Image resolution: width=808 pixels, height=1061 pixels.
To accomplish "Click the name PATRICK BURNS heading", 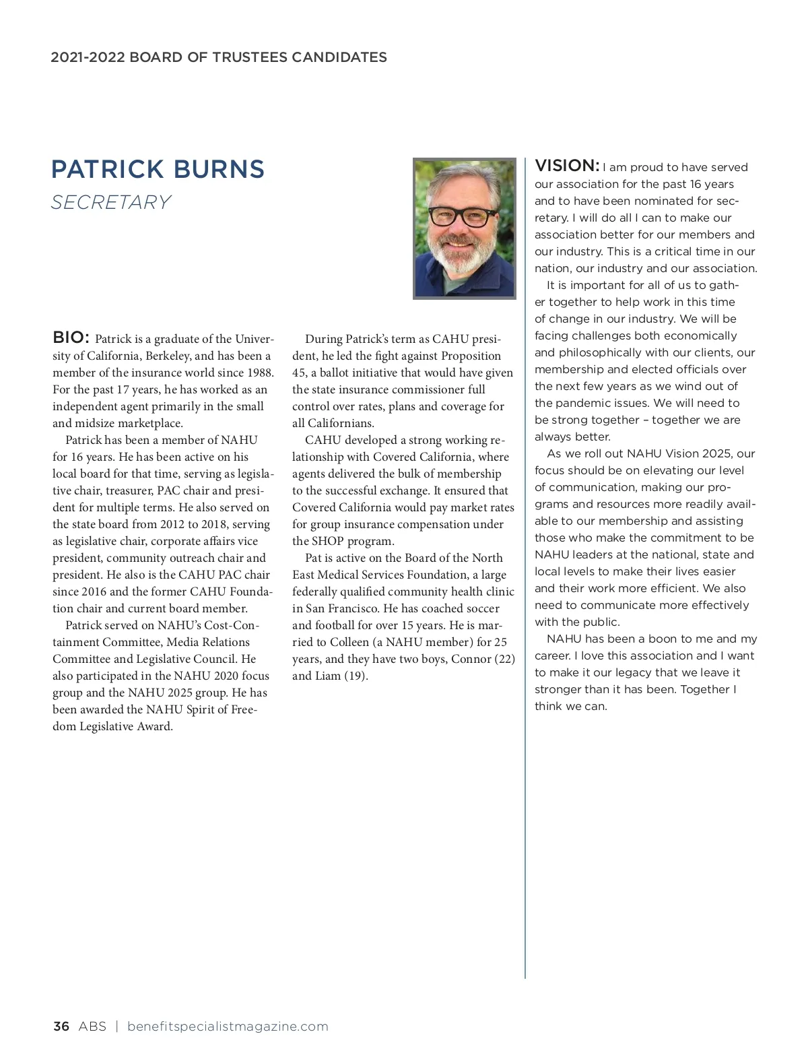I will click(158, 169).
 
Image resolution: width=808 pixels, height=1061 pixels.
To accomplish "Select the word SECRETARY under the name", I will click(111, 202).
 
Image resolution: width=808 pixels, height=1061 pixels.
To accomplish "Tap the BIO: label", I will click(71, 337).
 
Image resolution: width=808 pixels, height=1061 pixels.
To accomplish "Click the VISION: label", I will click(566, 166).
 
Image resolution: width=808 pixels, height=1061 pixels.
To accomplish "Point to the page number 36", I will click(61, 1027).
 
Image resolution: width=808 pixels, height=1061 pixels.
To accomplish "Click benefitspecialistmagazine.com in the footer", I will click(228, 1027).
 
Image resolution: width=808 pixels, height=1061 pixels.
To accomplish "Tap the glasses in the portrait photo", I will click(463, 216).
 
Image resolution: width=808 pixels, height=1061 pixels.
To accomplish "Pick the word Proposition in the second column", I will click(471, 356).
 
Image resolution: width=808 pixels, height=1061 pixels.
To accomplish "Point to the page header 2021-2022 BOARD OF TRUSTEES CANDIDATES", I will click(219, 57).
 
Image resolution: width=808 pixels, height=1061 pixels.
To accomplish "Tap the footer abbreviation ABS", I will click(92, 1027).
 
